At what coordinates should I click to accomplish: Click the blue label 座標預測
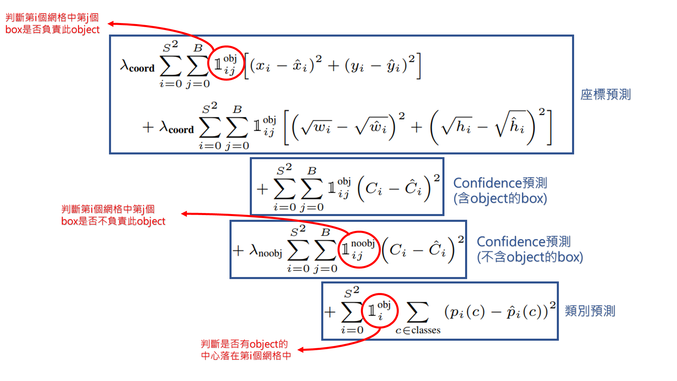605,94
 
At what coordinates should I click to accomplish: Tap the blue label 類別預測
590,311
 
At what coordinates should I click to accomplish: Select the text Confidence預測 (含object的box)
500,190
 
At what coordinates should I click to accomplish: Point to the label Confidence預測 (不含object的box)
529,249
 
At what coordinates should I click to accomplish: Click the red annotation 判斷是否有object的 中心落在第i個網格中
246,350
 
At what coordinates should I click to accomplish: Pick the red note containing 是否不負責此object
113,215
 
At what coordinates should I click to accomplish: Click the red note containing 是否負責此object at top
52,23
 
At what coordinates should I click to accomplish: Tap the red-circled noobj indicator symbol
359,250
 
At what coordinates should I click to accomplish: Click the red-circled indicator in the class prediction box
379,310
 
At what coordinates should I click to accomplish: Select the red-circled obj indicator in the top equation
226,63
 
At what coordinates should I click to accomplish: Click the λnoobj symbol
266,251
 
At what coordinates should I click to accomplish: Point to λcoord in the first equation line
137,66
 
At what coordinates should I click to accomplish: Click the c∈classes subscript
418,330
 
